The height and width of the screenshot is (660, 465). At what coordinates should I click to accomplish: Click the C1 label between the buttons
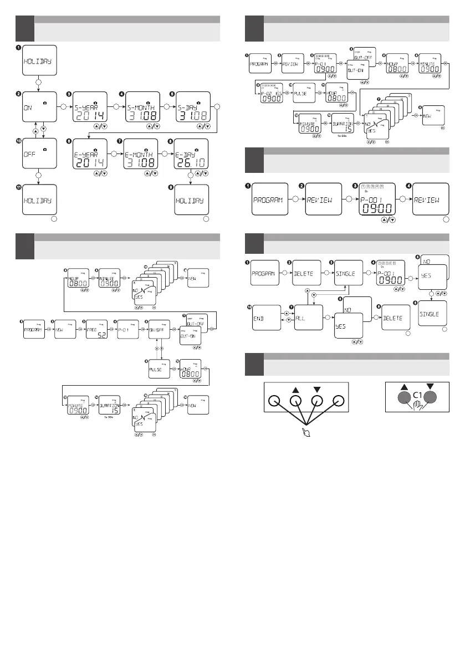418,395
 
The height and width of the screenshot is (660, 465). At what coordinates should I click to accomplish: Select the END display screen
266,320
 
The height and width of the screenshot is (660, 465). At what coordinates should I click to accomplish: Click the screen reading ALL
311,320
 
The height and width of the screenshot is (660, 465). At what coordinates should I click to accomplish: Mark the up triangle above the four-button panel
295,390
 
